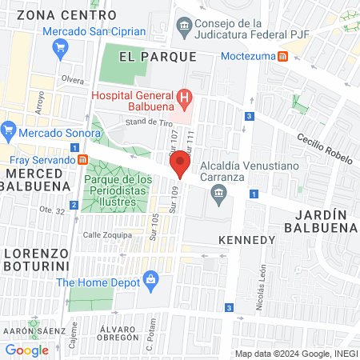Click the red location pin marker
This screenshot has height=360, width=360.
click(180, 166)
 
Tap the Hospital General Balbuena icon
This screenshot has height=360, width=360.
click(186, 100)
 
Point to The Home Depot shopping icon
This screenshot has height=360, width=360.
click(150, 279)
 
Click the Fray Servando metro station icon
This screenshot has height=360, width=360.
click(83, 158)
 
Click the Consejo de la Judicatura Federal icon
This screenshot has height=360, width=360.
click(185, 27)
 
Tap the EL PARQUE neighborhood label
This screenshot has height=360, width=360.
click(157, 56)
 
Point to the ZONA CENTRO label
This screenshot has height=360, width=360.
click(54, 14)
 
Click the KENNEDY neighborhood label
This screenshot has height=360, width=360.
click(246, 240)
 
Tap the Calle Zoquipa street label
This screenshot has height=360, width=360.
click(106, 234)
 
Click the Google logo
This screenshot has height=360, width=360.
click(26, 350)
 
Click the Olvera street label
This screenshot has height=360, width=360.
click(72, 80)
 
